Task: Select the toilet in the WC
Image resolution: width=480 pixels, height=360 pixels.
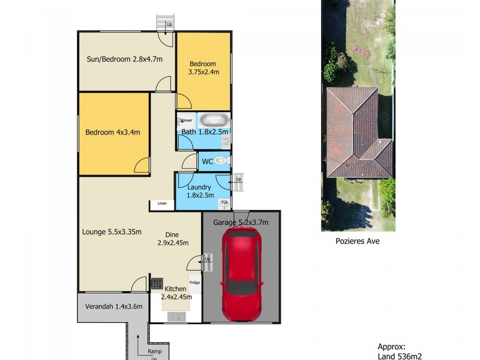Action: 221,160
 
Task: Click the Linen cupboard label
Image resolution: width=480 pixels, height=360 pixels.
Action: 162,204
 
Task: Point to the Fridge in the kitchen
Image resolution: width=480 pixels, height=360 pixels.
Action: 194,282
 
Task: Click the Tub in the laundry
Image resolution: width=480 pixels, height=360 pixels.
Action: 224,203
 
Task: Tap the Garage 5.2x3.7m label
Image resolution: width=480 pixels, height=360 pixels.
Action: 241,222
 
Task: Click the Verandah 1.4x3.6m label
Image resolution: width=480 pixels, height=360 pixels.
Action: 111,306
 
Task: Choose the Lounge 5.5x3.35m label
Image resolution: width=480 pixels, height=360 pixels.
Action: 112,232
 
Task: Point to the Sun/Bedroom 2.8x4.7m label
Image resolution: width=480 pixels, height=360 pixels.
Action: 125,59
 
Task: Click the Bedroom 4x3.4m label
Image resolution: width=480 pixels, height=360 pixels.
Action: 112,133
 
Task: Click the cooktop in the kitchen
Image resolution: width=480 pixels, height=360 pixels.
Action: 157,283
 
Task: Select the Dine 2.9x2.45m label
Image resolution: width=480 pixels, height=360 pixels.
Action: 173,239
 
